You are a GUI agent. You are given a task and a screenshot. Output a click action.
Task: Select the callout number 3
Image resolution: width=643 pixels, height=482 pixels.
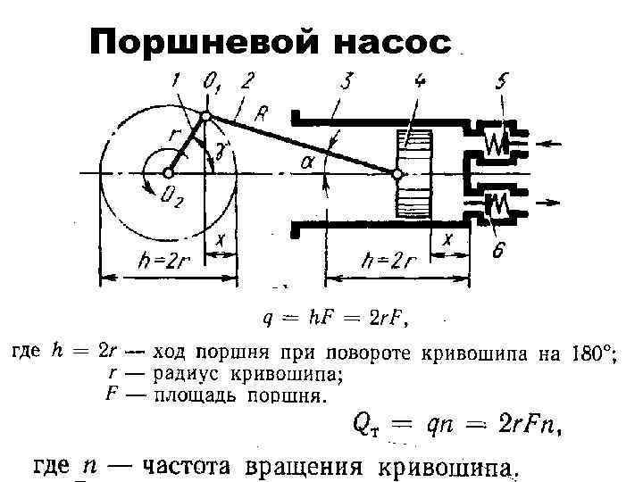point(346,83)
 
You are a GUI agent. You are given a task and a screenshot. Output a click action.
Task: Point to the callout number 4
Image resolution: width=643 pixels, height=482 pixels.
point(419,83)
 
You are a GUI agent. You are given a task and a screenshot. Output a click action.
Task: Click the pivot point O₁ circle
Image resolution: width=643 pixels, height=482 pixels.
point(206,116)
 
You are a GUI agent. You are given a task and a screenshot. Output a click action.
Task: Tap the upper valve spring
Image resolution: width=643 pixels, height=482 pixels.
point(495,142)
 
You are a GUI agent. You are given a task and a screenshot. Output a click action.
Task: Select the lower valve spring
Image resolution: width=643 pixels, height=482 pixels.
point(495,204)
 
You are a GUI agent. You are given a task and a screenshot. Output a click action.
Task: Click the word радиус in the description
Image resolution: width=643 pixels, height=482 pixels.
point(185,374)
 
